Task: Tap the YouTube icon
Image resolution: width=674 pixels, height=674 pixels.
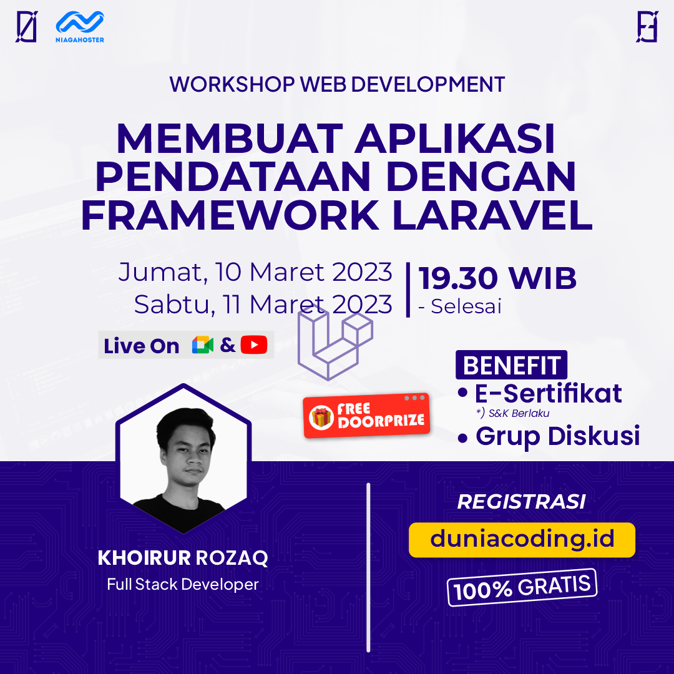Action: [x=254, y=345]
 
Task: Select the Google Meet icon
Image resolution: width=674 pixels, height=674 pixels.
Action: [x=203, y=345]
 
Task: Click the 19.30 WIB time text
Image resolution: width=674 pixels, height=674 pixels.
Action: [x=497, y=278]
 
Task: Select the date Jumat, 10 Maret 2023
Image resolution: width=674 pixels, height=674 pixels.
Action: [x=255, y=272]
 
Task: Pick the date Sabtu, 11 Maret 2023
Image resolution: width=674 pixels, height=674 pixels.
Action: [x=263, y=305]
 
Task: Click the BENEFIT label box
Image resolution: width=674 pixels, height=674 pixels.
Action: [x=511, y=366]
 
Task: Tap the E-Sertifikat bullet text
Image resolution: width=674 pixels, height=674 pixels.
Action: [x=548, y=394]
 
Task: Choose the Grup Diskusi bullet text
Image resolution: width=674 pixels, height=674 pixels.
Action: [x=557, y=436]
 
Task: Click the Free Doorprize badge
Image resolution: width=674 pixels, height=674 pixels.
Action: [x=366, y=415]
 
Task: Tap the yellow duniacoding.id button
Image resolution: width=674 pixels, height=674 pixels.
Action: [x=522, y=539]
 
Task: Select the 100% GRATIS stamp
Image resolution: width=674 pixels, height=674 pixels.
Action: [x=522, y=587]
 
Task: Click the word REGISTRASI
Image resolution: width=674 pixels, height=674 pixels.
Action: [x=522, y=502]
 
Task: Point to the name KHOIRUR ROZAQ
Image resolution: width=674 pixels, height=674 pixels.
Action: [x=183, y=558]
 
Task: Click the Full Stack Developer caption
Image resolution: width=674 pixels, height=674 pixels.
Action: [x=183, y=585]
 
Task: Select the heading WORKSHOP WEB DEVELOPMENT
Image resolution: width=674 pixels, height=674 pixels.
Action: [x=337, y=85]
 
